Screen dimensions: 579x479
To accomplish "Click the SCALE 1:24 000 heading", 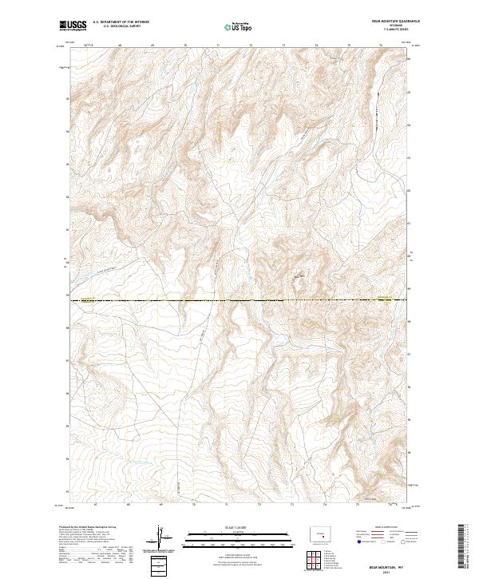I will tap(231, 527).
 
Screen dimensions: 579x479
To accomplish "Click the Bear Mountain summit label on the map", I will tap(299, 277).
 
